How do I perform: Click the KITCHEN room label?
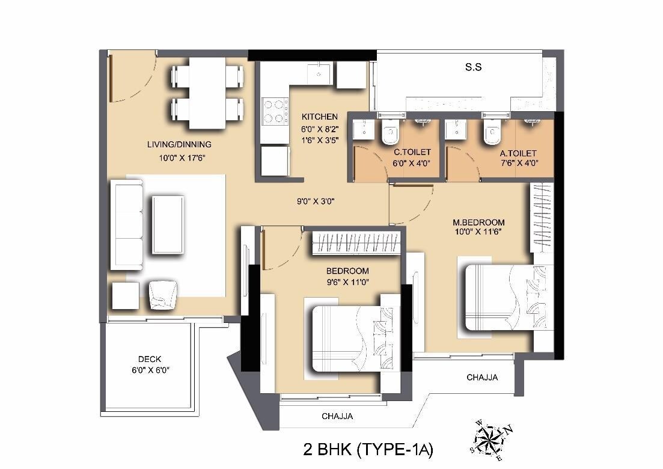tap(319, 117)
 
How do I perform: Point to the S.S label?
tap(474, 67)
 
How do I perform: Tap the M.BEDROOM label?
tap(478, 222)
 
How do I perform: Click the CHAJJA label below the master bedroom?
tap(482, 378)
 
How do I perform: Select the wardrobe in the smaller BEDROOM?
tap(356, 242)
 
